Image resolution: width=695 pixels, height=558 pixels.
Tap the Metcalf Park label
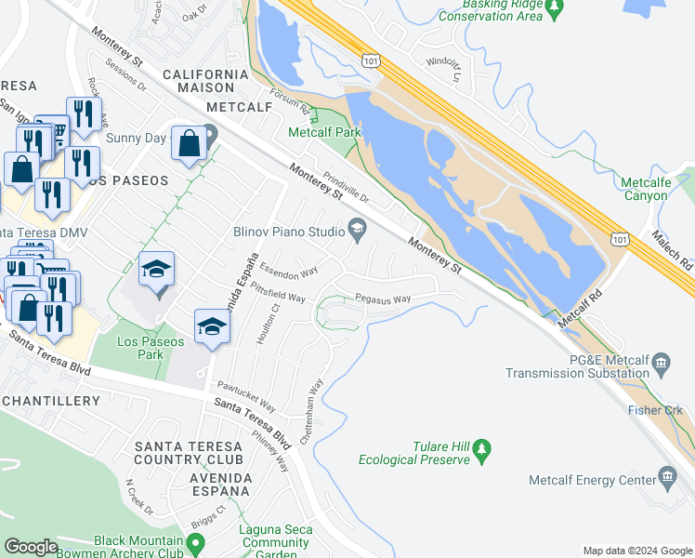tap(324, 133)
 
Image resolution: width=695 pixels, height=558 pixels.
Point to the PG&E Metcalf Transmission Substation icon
tap(661, 361)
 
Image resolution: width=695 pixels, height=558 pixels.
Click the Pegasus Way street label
tap(383, 299)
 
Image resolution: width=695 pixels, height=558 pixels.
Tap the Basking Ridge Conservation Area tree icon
tap(555, 8)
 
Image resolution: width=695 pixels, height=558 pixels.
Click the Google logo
tap(32, 547)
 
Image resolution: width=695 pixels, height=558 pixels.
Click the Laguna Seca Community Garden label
tap(275, 542)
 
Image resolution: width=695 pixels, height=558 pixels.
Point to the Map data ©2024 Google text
tap(637, 551)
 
